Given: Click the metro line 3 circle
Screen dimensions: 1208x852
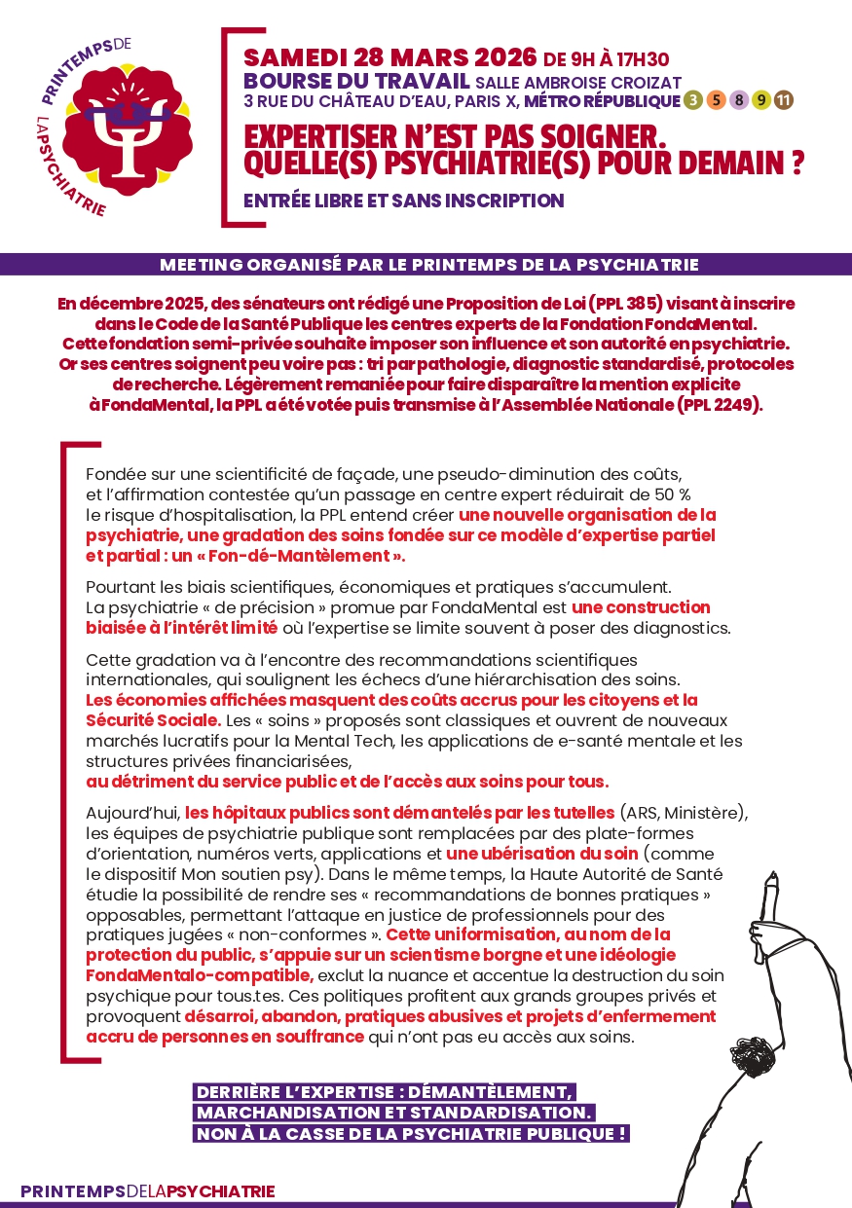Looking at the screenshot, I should click(x=692, y=99).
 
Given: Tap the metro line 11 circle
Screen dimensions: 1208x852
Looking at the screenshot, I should click(x=784, y=99).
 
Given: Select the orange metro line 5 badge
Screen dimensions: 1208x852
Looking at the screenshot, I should click(x=716, y=99).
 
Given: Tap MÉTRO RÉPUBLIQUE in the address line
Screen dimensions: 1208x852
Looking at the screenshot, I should click(x=601, y=100).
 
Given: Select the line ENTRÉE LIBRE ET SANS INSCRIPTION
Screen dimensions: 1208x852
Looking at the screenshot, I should click(x=403, y=201).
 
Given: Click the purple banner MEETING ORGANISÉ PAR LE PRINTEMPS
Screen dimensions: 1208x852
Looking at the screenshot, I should click(x=429, y=264).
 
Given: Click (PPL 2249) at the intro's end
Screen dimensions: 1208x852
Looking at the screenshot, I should click(x=715, y=405).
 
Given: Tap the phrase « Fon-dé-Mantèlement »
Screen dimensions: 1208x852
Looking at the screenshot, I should click(x=330, y=557).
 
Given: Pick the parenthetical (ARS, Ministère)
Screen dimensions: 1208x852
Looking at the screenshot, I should click(x=683, y=812).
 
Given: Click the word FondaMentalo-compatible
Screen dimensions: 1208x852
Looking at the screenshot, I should click(x=199, y=975).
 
